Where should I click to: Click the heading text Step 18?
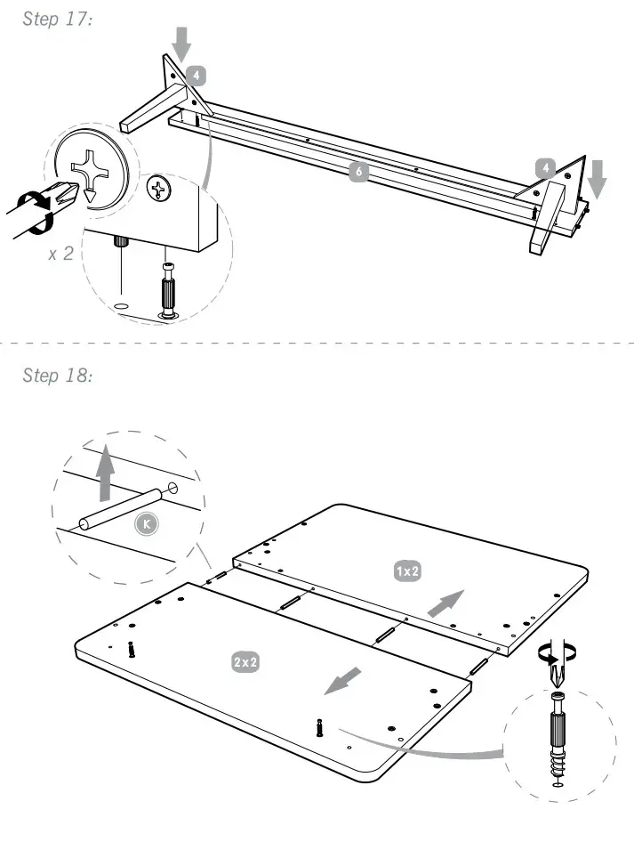coord(57,376)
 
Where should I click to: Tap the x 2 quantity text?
coord(61,254)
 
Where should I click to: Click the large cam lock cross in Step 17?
coord(92,166)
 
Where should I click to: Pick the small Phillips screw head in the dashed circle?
coord(160,188)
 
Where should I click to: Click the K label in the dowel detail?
coord(148,524)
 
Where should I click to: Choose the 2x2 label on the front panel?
coord(245,662)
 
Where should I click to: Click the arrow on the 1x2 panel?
coord(446,603)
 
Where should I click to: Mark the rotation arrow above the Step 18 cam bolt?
coord(558,654)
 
